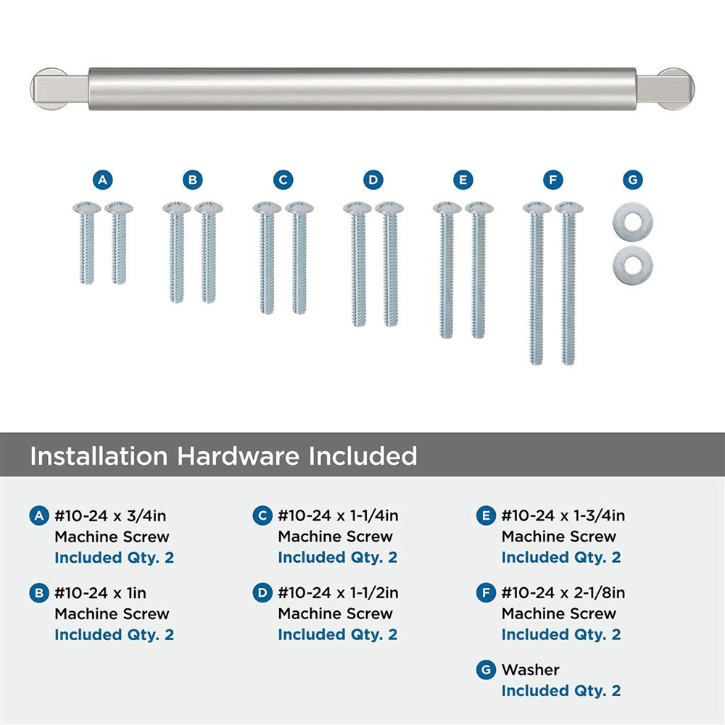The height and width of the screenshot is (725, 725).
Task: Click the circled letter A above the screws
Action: coord(103,179)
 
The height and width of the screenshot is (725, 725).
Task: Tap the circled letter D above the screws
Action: coord(373,179)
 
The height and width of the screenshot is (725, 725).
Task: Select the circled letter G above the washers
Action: coord(632,179)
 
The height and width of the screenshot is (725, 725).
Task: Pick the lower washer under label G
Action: coord(632,265)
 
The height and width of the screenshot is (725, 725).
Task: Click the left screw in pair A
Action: coord(87,243)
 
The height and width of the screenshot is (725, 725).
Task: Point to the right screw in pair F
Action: coord(569,283)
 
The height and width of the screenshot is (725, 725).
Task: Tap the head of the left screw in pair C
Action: coord(267,208)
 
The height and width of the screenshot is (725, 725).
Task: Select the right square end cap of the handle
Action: coord(666,89)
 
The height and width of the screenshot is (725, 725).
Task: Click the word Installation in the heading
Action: coord(98,456)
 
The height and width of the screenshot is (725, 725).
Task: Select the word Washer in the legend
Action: coord(531,670)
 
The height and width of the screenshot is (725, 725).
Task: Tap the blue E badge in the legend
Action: coord(486,516)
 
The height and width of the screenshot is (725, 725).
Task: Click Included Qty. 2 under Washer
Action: coord(560,691)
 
